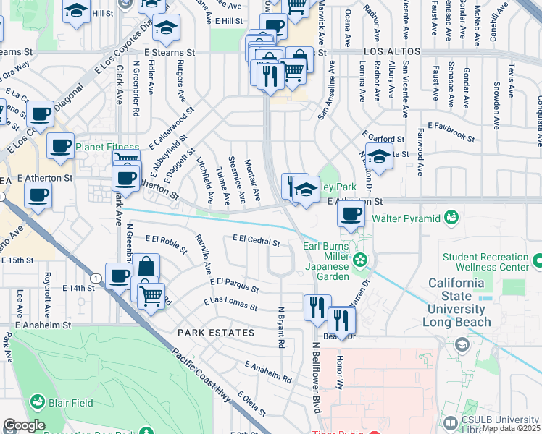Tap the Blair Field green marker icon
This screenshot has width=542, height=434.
coord(38,401)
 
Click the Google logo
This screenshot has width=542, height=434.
coord(24,425)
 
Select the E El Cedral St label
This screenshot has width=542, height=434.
coord(256,240)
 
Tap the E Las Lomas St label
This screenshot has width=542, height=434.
coord(230,303)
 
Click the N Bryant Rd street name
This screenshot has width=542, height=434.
coord(282,325)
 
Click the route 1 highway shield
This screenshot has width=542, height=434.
coord(96,278)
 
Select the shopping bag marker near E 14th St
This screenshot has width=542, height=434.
coord(146,267)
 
